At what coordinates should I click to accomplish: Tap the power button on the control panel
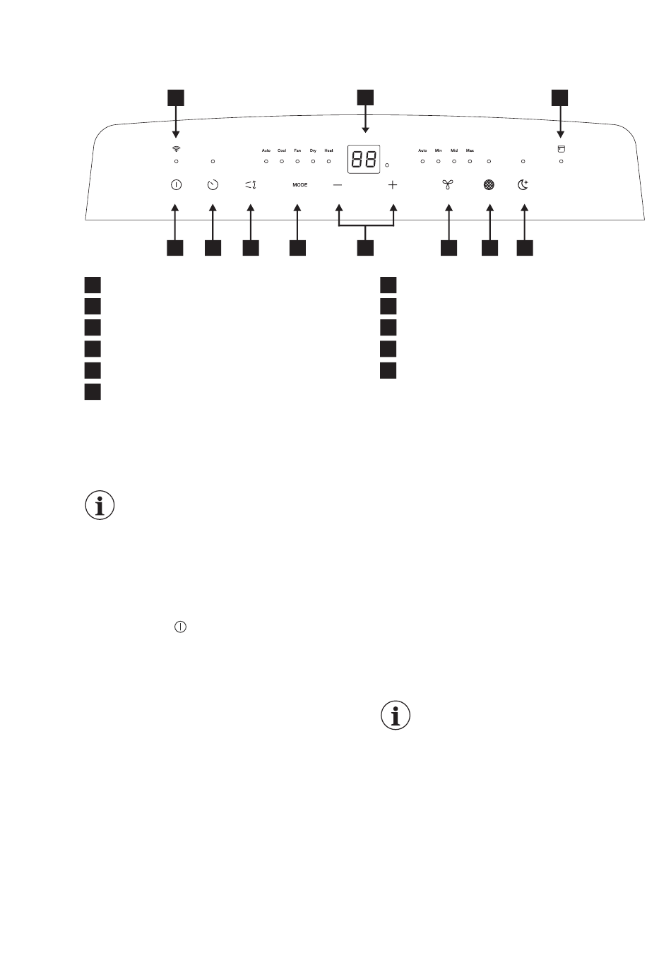click(x=175, y=185)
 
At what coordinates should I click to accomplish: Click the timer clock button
click(x=213, y=185)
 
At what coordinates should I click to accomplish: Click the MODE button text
click(x=300, y=185)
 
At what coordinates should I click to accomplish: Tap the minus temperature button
click(x=338, y=185)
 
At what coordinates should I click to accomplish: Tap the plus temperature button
click(x=393, y=185)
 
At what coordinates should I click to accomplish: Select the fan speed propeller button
click(x=447, y=185)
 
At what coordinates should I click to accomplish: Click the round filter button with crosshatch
click(x=489, y=185)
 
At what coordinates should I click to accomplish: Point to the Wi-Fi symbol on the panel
click(x=175, y=149)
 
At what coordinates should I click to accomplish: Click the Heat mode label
click(x=328, y=150)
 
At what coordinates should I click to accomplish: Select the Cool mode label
click(x=282, y=150)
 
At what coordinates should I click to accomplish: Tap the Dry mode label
click(x=313, y=150)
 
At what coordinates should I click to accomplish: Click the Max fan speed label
click(x=470, y=150)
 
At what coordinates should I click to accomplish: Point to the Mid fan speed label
click(x=454, y=150)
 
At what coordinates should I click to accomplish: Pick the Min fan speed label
click(x=438, y=150)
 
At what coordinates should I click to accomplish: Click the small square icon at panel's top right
click(x=562, y=149)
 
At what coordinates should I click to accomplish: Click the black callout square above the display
click(x=365, y=97)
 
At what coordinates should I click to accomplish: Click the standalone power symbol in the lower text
click(x=181, y=627)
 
